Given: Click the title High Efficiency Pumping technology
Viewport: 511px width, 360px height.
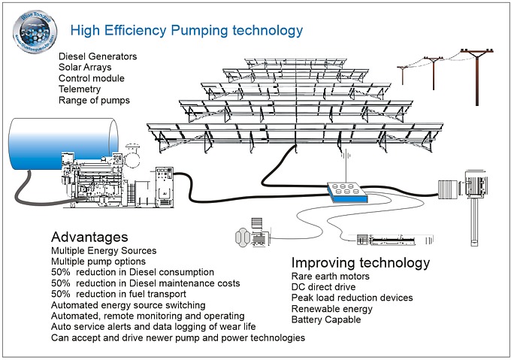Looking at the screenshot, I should pyautogui.click(x=186, y=30).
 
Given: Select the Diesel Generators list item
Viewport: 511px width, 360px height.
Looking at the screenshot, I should pyautogui.click(x=98, y=56).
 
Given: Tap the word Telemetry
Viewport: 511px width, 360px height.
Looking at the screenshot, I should pyautogui.click(x=80, y=89).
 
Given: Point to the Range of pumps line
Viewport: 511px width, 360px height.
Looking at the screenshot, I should pyautogui.click(x=94, y=101).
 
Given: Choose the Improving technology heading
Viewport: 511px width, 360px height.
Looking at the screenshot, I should pyautogui.click(x=360, y=263).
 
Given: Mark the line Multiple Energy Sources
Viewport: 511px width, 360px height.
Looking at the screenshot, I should pyautogui.click(x=104, y=250).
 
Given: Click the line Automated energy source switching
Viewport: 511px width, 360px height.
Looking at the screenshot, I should pyautogui.click(x=128, y=305).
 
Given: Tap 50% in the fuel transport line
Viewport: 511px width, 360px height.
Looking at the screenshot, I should pyautogui.click(x=60, y=294).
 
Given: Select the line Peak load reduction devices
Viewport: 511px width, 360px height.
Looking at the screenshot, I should pyautogui.click(x=352, y=298).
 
